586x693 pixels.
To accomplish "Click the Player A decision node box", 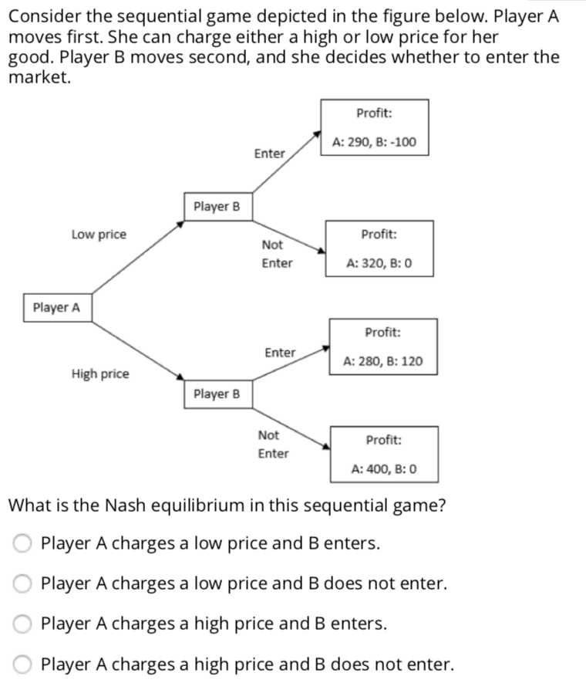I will click(56, 308).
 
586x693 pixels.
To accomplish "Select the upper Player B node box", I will click(217, 207).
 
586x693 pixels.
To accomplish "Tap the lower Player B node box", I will click(217, 394).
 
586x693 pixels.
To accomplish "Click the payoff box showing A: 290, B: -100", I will click(374, 127).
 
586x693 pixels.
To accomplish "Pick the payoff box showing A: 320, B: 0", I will click(379, 248).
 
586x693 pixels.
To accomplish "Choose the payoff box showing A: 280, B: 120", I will click(383, 346).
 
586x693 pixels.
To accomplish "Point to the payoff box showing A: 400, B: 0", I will click(384, 454).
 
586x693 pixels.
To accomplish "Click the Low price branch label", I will click(99, 235).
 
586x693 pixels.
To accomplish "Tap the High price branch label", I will click(100, 374).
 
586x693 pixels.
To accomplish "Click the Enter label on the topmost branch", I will click(269, 154).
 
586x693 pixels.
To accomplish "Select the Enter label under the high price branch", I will click(280, 353).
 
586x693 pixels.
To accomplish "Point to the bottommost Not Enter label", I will click(273, 445).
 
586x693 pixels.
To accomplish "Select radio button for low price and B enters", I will click(22, 544).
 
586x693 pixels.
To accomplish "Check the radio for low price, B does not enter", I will click(22, 583).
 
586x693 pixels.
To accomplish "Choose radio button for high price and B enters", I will click(22, 624).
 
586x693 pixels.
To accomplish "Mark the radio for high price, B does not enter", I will click(22, 664).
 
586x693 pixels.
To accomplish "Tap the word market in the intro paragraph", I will click(39, 77).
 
